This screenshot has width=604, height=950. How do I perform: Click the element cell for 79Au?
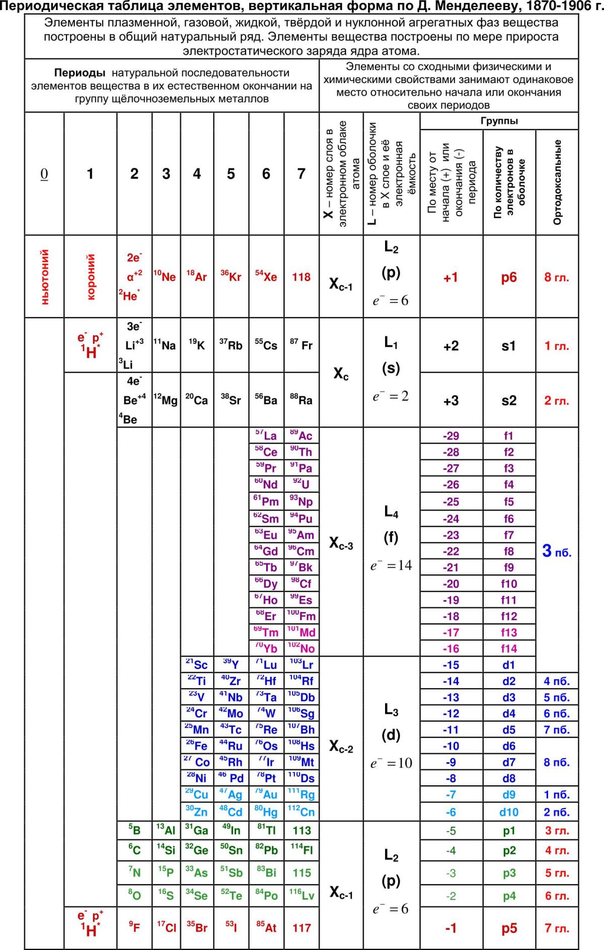pos(267,794)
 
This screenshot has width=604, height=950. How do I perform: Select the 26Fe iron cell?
pos(197,746)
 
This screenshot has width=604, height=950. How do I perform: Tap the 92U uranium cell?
pos(301,485)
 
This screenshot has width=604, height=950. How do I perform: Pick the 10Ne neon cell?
pos(166,276)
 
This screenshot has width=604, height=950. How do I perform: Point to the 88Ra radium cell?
pos(301,400)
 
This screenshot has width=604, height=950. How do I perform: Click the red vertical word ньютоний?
pos(44,276)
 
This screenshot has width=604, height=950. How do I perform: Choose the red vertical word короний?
pos(91,276)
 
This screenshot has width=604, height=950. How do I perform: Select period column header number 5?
pos(231,174)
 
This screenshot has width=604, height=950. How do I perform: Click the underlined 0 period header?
pos(44,174)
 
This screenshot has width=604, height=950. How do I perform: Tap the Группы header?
pos(499,121)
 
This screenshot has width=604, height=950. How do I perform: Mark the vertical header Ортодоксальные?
pos(557,182)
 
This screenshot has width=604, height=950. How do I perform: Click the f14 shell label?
pos(509,648)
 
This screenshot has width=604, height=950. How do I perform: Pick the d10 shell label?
pos(509,812)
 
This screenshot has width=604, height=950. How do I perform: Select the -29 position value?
pos(451,436)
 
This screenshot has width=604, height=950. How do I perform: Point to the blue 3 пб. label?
pos(557,552)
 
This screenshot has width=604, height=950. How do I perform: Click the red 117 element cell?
pos(301,927)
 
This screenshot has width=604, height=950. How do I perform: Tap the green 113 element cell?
pos(301,831)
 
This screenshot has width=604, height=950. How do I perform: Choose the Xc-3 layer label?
pos(341,544)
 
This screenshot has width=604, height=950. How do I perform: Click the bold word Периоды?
pos(80,73)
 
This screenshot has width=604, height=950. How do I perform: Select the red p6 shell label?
pos(509,277)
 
